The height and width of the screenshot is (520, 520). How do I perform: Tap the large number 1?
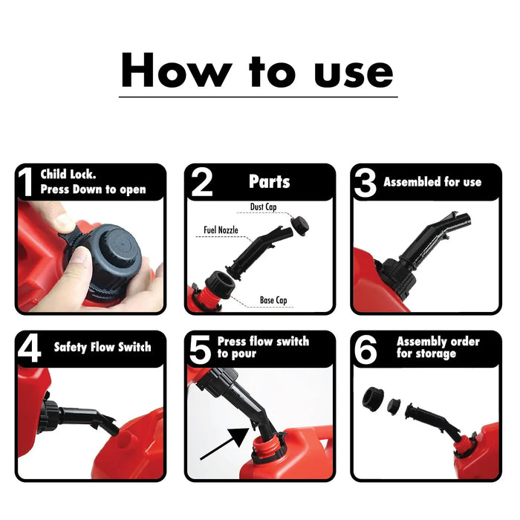(27, 183)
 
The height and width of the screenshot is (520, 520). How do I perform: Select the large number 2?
(201, 183)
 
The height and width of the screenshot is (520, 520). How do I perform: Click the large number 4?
(29, 348)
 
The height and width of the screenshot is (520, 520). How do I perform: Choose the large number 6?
(365, 349)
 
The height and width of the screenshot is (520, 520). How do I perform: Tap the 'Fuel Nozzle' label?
(221, 231)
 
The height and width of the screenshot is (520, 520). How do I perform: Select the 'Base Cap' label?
(275, 301)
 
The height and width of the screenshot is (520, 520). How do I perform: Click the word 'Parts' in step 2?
(269, 182)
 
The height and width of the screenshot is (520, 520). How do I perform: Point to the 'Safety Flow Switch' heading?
(102, 347)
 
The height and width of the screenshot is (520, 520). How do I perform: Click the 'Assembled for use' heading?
(432, 182)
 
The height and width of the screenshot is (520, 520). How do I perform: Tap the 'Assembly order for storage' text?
(438, 348)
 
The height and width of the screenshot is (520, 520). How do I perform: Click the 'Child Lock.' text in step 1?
(68, 175)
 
